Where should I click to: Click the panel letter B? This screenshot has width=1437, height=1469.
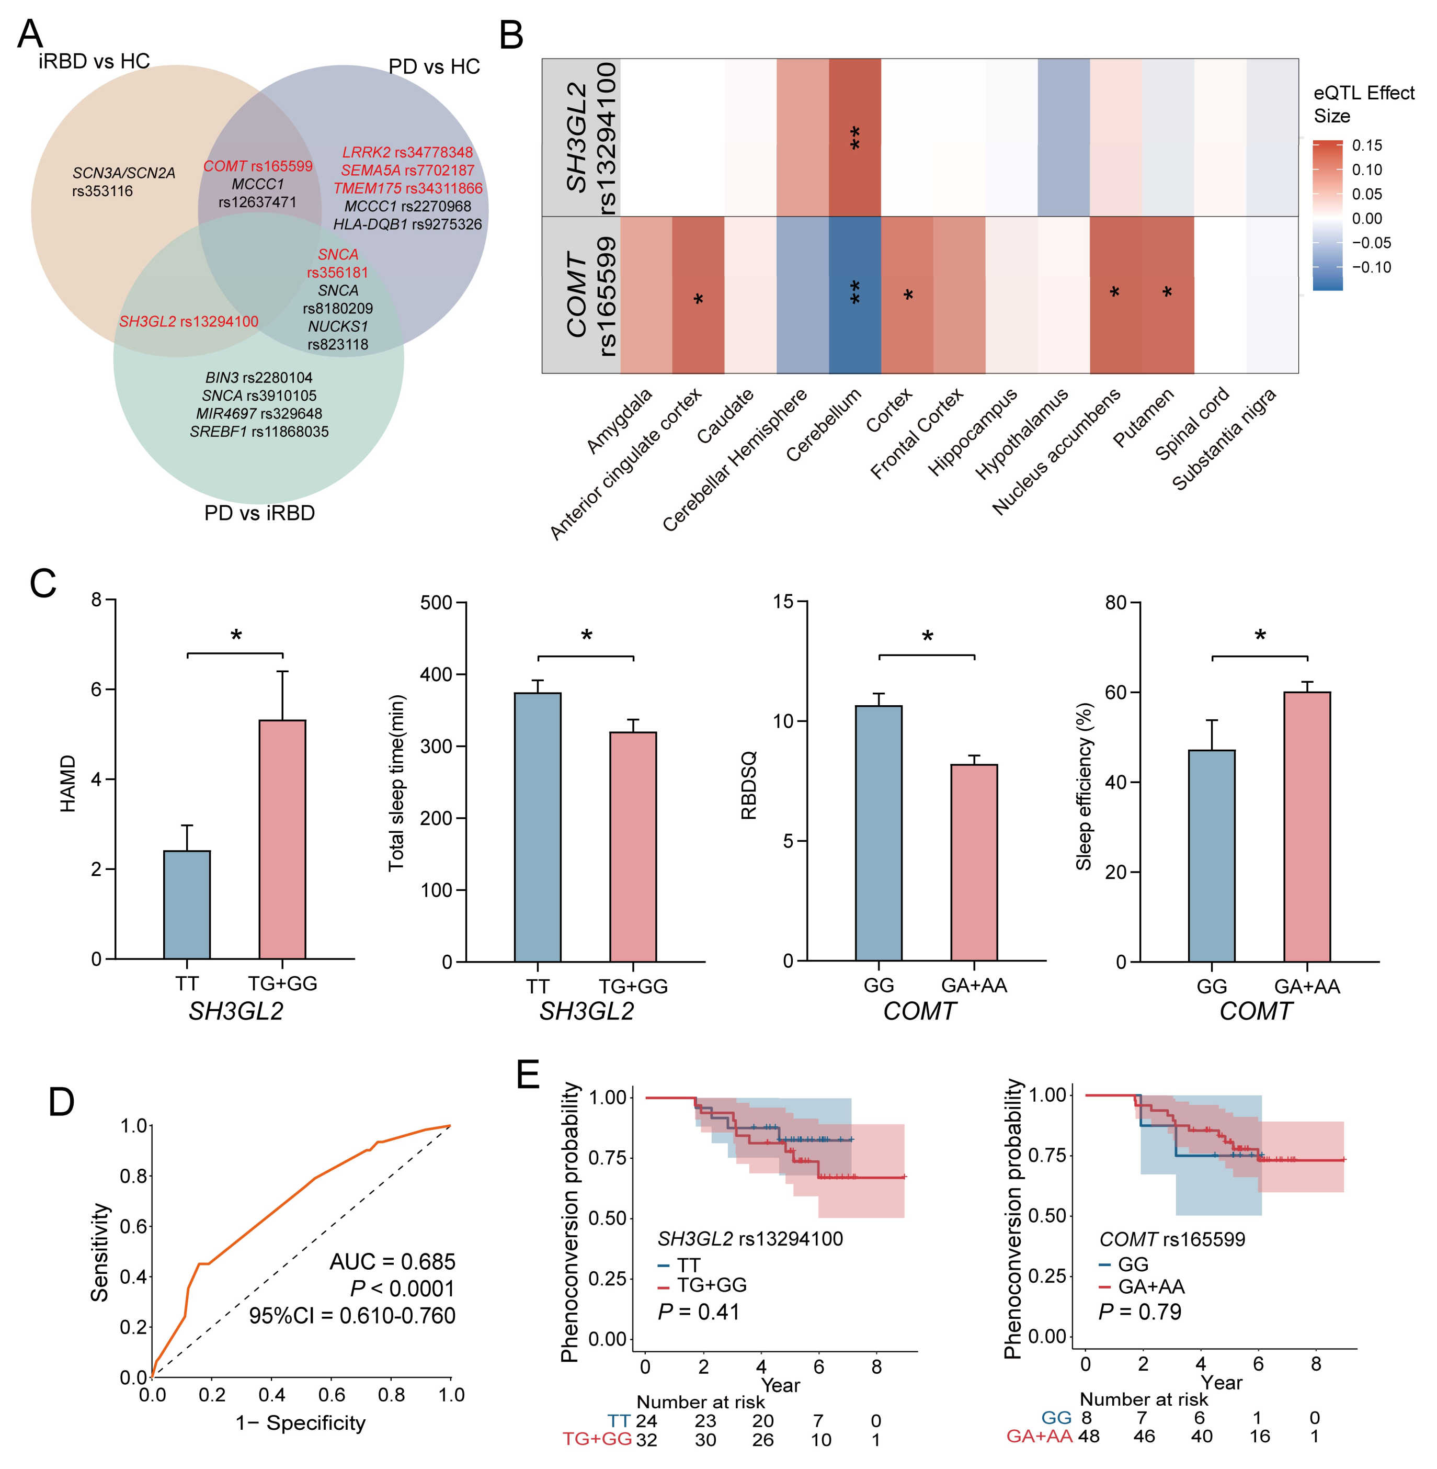pos(511,36)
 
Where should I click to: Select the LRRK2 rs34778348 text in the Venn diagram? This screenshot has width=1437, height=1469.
pos(407,152)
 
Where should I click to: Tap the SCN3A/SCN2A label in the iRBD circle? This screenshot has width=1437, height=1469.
pos(124,173)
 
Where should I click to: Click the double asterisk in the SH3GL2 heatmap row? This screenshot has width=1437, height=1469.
pos(854,138)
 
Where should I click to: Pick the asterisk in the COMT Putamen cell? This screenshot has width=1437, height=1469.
pos(1167,293)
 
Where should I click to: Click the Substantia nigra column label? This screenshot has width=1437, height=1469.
pos(1224,438)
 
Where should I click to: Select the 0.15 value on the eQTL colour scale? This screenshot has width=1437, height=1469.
pos(1367,145)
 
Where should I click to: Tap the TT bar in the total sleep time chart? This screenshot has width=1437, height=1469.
pos(538,827)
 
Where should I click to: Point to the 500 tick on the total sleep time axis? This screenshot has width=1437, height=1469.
pos(436,602)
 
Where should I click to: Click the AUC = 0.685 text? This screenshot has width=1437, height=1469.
pos(393,1261)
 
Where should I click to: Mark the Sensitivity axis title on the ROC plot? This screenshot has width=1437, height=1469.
pos(100,1252)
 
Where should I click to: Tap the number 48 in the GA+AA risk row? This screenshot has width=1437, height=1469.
pos(1088,1437)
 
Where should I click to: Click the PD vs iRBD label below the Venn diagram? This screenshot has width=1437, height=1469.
pos(259,513)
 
